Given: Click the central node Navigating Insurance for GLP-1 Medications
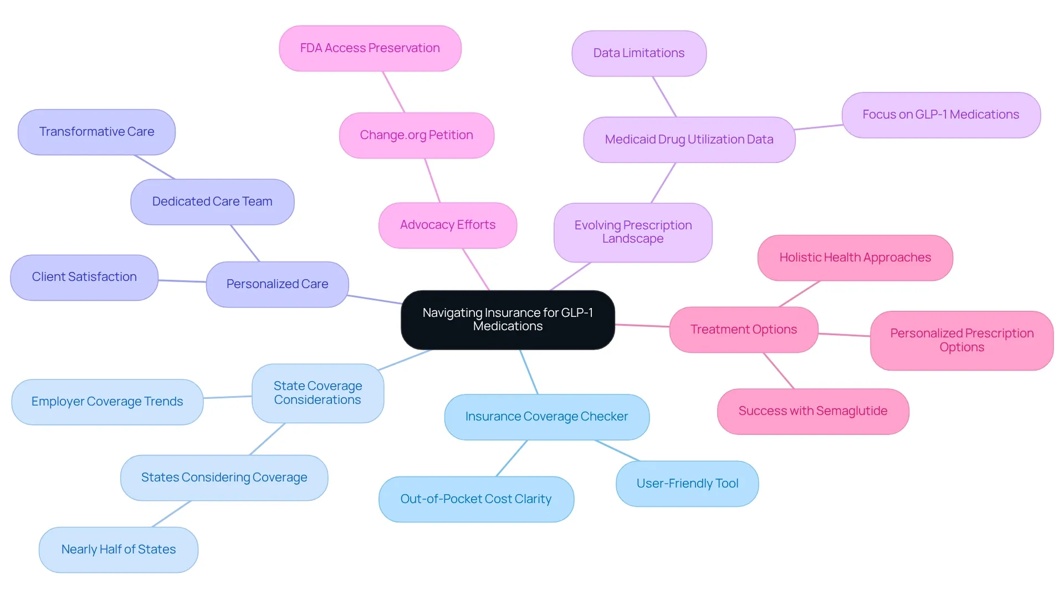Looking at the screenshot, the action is pyautogui.click(x=508, y=320).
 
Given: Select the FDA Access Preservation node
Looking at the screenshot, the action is pyautogui.click(x=370, y=48).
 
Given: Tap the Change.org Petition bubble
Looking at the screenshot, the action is pyautogui.click(x=417, y=135).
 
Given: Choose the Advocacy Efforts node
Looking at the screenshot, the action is pyautogui.click(x=448, y=225).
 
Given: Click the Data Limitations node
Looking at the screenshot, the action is pyautogui.click(x=639, y=53).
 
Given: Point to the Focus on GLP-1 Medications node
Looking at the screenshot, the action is pyautogui.click(x=941, y=115).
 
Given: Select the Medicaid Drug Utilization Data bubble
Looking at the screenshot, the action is pyautogui.click(x=689, y=140).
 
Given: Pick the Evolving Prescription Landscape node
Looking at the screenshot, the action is pyautogui.click(x=633, y=232).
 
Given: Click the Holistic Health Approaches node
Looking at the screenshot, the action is pyautogui.click(x=855, y=258).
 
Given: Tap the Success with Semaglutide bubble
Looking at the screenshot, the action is pyautogui.click(x=813, y=411).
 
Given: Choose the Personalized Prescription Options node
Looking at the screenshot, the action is pyautogui.click(x=962, y=340).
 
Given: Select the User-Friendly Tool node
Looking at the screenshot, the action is pyautogui.click(x=687, y=484).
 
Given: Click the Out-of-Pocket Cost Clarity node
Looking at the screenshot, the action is pyautogui.click(x=476, y=499).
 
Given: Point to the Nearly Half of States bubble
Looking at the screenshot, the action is pyautogui.click(x=119, y=550).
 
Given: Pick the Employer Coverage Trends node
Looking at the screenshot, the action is pyautogui.click(x=108, y=402).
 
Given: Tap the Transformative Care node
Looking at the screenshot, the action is pyautogui.click(x=97, y=132).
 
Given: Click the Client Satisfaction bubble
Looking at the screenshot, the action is pyautogui.click(x=84, y=277).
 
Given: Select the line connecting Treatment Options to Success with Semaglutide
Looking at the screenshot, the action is pyautogui.click(x=779, y=371).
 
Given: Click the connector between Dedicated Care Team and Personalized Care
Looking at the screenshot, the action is pyautogui.click(x=245, y=243).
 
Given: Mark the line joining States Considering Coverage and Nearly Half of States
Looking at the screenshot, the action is pyautogui.click(x=171, y=514).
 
